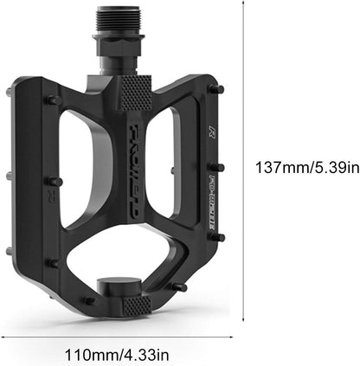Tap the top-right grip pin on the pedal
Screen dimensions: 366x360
[220, 89]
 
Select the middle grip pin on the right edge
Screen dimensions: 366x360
[220, 167]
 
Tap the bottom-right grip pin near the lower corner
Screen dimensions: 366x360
[180, 286]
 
